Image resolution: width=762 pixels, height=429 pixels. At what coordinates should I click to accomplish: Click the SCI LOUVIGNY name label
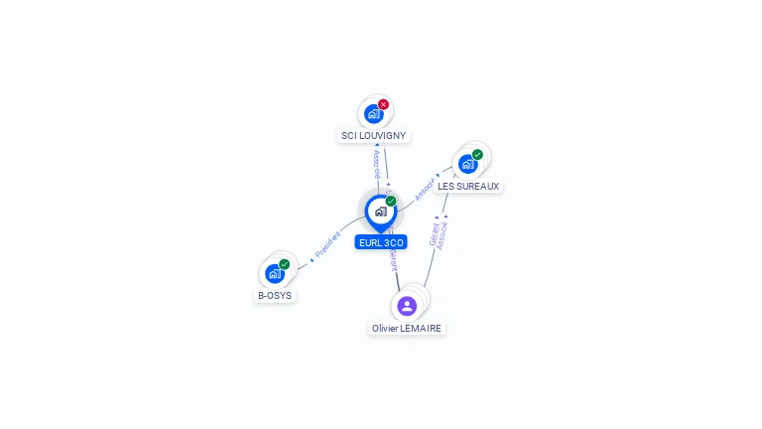[x=373, y=135]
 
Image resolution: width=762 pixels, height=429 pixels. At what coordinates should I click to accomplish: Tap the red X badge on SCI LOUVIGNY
[x=383, y=104]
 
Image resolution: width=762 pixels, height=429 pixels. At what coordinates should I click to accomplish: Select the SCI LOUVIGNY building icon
[x=373, y=113]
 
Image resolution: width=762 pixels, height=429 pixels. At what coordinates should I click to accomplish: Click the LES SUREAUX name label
[x=468, y=186]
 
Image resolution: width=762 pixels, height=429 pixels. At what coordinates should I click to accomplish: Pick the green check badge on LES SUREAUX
[x=477, y=155]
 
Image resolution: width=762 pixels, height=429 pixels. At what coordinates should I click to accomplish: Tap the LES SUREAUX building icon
[x=466, y=164]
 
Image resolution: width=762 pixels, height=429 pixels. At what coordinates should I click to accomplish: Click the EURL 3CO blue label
[x=381, y=242]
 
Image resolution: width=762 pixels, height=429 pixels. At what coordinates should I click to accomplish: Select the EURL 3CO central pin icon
[x=380, y=212]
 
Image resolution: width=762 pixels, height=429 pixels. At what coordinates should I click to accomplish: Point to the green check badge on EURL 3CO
[x=391, y=202]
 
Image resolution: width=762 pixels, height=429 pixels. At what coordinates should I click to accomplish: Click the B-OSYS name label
[x=275, y=295]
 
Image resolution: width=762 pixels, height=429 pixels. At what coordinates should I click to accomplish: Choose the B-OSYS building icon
[x=274, y=273]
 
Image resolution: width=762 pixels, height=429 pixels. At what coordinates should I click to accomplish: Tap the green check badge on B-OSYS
[x=285, y=264]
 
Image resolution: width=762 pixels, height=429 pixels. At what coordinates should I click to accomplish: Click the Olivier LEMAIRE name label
[x=407, y=328]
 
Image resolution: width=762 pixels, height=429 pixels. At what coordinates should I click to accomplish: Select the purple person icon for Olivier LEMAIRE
[x=407, y=306]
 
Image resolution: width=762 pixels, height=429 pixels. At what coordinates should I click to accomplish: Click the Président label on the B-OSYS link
[x=327, y=245]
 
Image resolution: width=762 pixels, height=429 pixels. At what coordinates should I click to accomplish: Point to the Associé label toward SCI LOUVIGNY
[x=377, y=164]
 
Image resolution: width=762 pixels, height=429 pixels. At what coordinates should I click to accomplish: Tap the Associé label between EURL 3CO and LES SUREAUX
[x=426, y=190]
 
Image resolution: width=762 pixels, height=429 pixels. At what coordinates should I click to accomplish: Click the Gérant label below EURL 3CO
[x=393, y=260]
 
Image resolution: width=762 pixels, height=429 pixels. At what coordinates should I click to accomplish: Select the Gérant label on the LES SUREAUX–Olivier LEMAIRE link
[x=434, y=234]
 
